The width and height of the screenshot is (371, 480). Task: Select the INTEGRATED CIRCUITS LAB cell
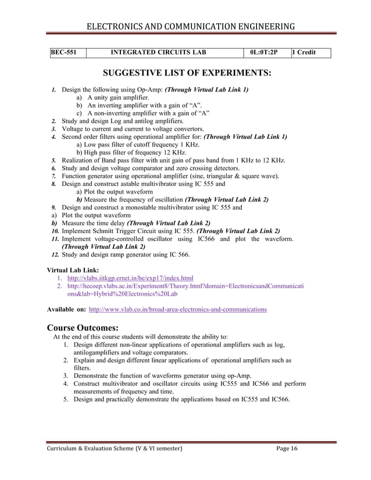(158, 53)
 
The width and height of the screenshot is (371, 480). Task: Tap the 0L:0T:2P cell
(264, 53)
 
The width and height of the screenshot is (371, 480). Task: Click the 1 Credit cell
(304, 53)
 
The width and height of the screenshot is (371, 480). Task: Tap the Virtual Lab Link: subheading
(72, 270)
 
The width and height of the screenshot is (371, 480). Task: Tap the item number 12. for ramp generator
(54, 255)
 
